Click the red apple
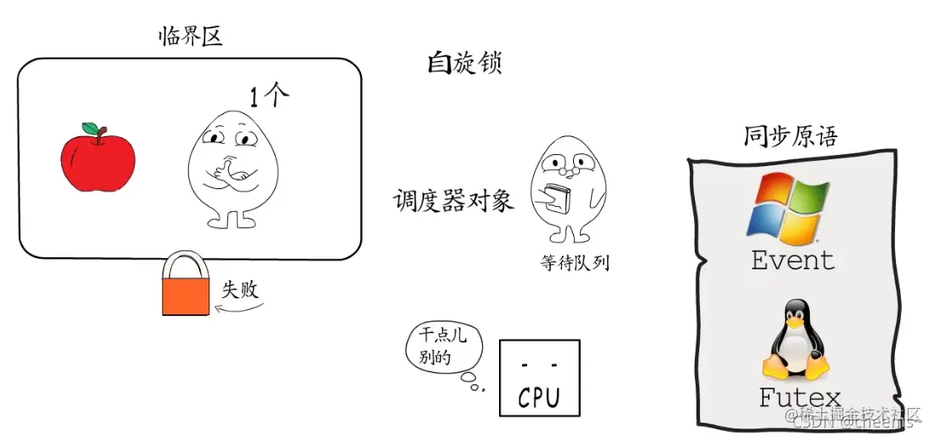[x=97, y=159]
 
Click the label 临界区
[x=191, y=36]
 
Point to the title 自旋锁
[x=464, y=63]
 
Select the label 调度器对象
[x=453, y=201]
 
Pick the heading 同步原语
[x=790, y=135]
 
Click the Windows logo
[x=786, y=205]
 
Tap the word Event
[x=792, y=260]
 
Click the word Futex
[x=799, y=397]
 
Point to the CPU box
[x=539, y=378]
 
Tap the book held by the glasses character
[x=557, y=198]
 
